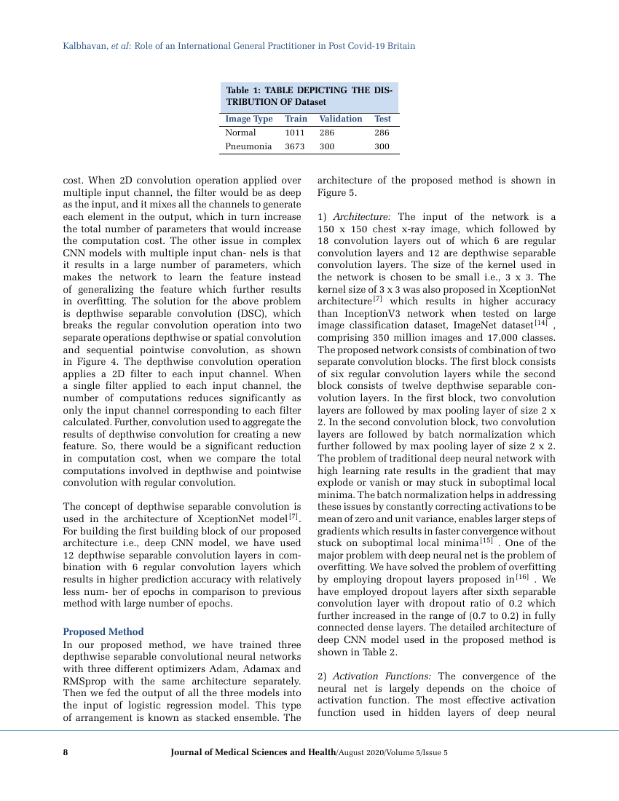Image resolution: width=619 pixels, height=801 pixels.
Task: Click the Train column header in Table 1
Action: click(x=296, y=119)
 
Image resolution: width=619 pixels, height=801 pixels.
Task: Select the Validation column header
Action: click(x=340, y=119)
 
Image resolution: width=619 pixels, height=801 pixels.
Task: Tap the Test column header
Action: click(x=382, y=119)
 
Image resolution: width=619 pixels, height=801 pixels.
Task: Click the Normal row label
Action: click(x=240, y=133)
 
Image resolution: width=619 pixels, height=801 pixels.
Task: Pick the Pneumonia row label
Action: click(x=248, y=146)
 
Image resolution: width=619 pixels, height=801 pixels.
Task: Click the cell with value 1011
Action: click(x=294, y=133)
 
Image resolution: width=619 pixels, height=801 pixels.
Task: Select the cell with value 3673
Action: click(x=294, y=146)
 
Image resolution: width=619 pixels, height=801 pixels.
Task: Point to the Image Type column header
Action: click(x=248, y=119)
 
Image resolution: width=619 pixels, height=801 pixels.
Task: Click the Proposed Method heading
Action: click(x=103, y=631)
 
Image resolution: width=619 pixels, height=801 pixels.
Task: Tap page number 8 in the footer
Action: click(x=66, y=752)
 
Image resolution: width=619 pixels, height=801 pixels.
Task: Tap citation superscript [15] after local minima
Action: click(x=486, y=541)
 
